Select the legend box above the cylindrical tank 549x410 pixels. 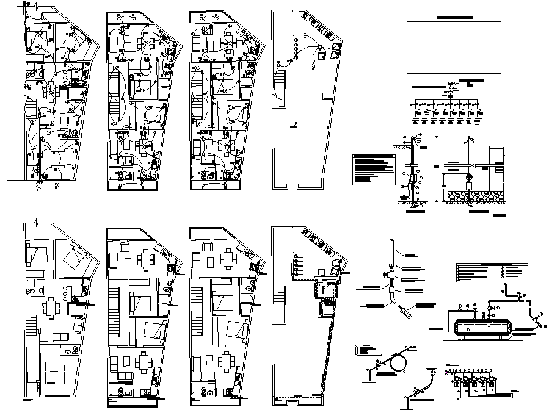490,272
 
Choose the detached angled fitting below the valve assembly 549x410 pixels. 404,314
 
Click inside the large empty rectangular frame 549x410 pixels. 451,47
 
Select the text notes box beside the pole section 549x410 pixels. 373,168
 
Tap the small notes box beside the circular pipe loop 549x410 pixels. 369,350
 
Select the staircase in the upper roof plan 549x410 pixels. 279,84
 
